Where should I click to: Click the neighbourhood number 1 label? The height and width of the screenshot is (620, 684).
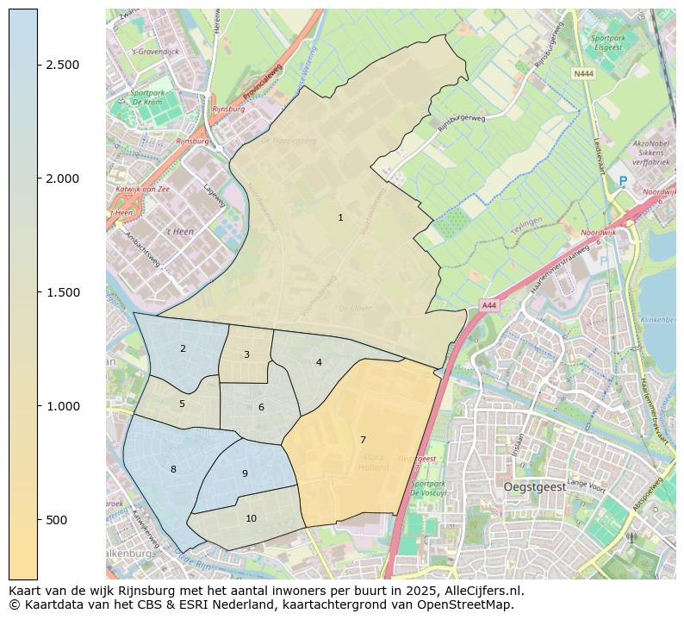(340, 218)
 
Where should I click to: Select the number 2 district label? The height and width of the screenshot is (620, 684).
(183, 349)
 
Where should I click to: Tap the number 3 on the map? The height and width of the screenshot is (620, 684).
(246, 355)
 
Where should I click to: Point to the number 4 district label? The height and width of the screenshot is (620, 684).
(319, 363)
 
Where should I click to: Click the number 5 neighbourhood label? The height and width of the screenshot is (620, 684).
(182, 404)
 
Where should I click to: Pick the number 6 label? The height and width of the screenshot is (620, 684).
(261, 408)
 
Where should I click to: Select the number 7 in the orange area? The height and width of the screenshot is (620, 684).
(363, 441)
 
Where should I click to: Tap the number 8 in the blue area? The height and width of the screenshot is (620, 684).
(173, 470)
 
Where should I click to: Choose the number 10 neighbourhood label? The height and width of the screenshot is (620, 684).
(251, 519)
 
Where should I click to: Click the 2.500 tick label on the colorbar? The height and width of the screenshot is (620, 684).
(63, 66)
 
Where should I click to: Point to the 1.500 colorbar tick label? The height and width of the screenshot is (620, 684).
(63, 293)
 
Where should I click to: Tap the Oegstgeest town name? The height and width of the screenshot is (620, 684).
(535, 487)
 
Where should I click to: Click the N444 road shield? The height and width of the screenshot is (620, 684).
(583, 74)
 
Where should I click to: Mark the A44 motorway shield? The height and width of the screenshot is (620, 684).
(488, 305)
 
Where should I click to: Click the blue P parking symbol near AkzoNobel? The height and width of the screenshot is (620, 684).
(623, 181)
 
